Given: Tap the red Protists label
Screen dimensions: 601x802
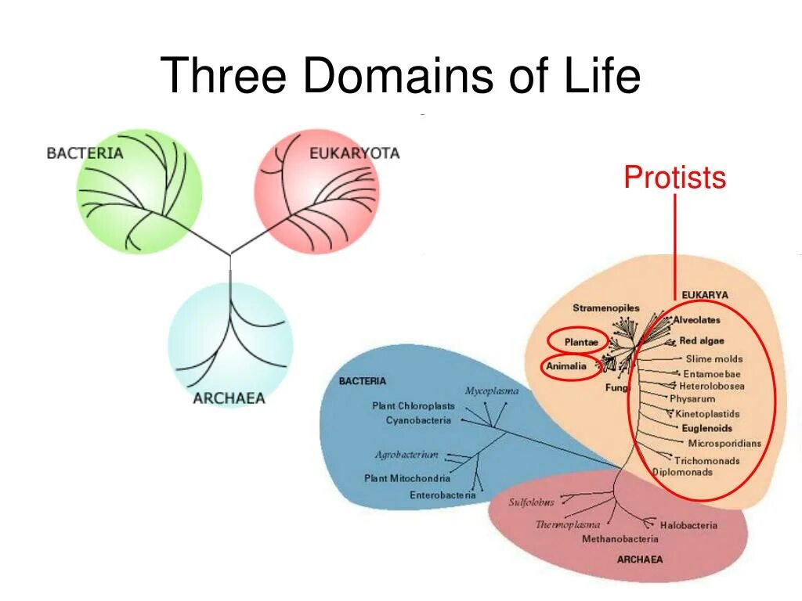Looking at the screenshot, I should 674,178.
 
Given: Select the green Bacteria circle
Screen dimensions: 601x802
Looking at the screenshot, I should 139,192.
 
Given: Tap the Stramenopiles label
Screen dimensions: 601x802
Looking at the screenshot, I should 605,308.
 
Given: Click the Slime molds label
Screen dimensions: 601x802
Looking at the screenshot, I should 713,359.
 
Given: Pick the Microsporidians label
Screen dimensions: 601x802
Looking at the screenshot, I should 724,444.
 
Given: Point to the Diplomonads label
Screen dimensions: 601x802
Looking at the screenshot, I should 683,472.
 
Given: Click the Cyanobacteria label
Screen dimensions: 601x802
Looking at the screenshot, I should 418,420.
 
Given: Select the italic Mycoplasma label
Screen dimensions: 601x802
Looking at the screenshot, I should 491,390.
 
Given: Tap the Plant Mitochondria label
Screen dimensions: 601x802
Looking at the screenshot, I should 407,478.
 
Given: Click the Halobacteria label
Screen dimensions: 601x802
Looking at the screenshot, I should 688,525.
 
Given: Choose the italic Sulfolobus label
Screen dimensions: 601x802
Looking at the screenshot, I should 531,502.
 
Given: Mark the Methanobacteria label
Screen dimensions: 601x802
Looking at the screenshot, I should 620,538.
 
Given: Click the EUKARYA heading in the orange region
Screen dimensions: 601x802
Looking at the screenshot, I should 704,295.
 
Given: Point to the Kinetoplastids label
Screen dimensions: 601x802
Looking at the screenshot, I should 707,414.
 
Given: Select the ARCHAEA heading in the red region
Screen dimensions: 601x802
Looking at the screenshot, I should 639,560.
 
